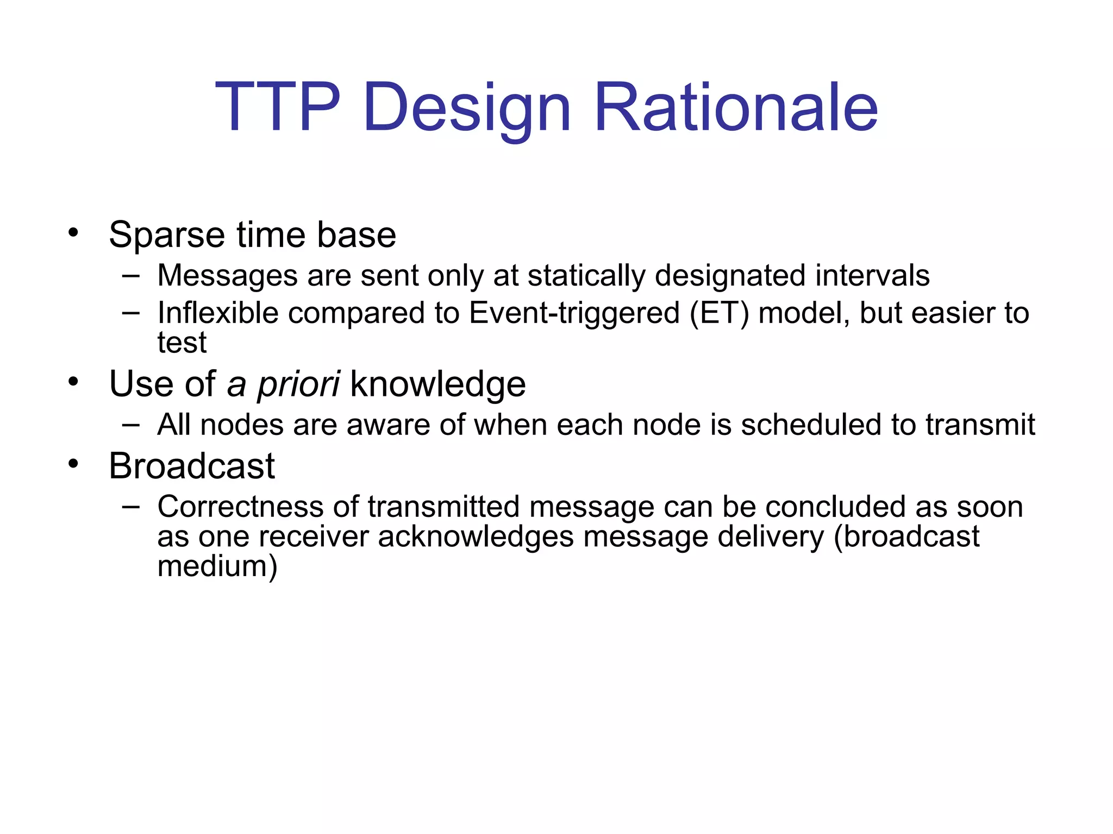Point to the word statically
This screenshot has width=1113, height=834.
586,276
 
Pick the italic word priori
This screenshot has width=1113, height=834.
298,385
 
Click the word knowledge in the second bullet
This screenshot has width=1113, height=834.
438,385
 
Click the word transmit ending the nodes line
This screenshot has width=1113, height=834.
980,425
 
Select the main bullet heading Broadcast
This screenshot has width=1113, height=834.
192,466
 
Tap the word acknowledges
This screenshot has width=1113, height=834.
476,537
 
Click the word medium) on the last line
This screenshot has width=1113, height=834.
217,566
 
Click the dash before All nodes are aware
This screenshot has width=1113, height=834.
131,424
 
